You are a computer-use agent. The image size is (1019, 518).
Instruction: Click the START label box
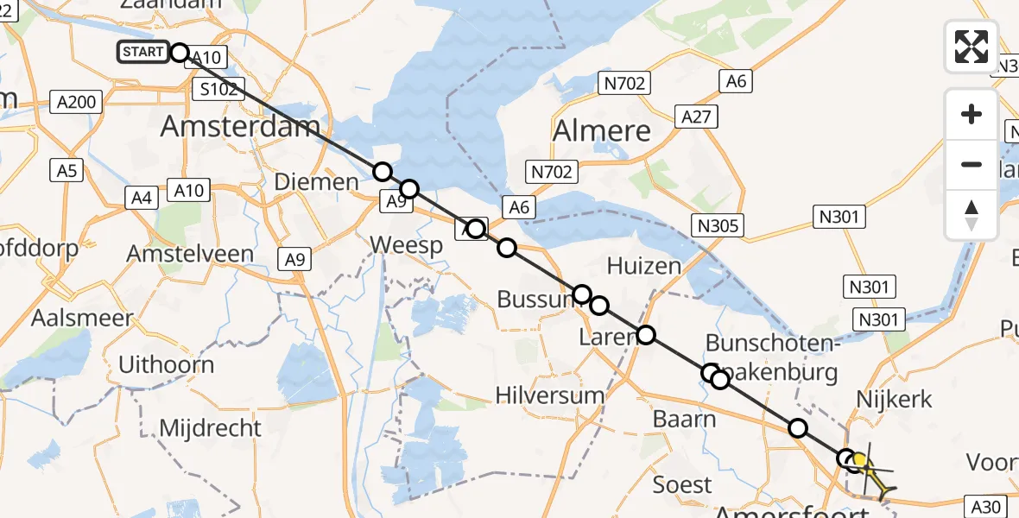(x=142, y=52)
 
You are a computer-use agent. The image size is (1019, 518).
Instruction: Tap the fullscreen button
(x=972, y=47)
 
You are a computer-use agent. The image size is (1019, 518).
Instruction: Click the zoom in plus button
(x=972, y=114)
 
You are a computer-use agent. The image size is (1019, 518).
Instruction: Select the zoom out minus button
(x=972, y=164)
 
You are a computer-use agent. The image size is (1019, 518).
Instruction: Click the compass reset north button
(x=972, y=214)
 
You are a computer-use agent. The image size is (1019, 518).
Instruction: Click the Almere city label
(x=601, y=131)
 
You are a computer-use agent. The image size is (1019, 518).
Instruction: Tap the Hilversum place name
(x=549, y=395)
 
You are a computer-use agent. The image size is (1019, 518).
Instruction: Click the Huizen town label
(x=644, y=265)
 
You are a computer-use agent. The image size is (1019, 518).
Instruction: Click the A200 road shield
(x=76, y=102)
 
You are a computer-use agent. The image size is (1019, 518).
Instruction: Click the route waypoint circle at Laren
(x=645, y=336)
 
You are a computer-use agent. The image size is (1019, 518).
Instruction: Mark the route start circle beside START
(x=180, y=53)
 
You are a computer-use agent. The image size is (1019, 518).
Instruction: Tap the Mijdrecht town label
(x=210, y=427)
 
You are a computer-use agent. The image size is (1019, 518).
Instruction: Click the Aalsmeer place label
(x=82, y=318)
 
